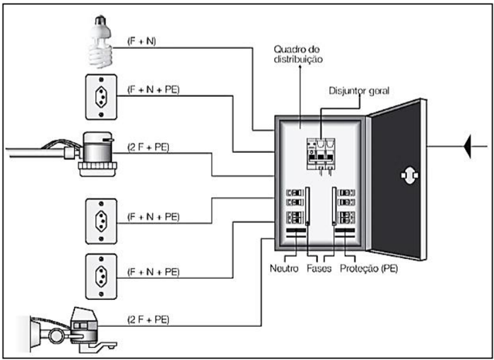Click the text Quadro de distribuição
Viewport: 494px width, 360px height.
click(x=300, y=54)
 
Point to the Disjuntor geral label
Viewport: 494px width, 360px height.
click(x=359, y=91)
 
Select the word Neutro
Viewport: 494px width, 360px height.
click(x=285, y=269)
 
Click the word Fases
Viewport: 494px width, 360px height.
click(x=322, y=269)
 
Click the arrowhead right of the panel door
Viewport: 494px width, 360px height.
click(x=468, y=147)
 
